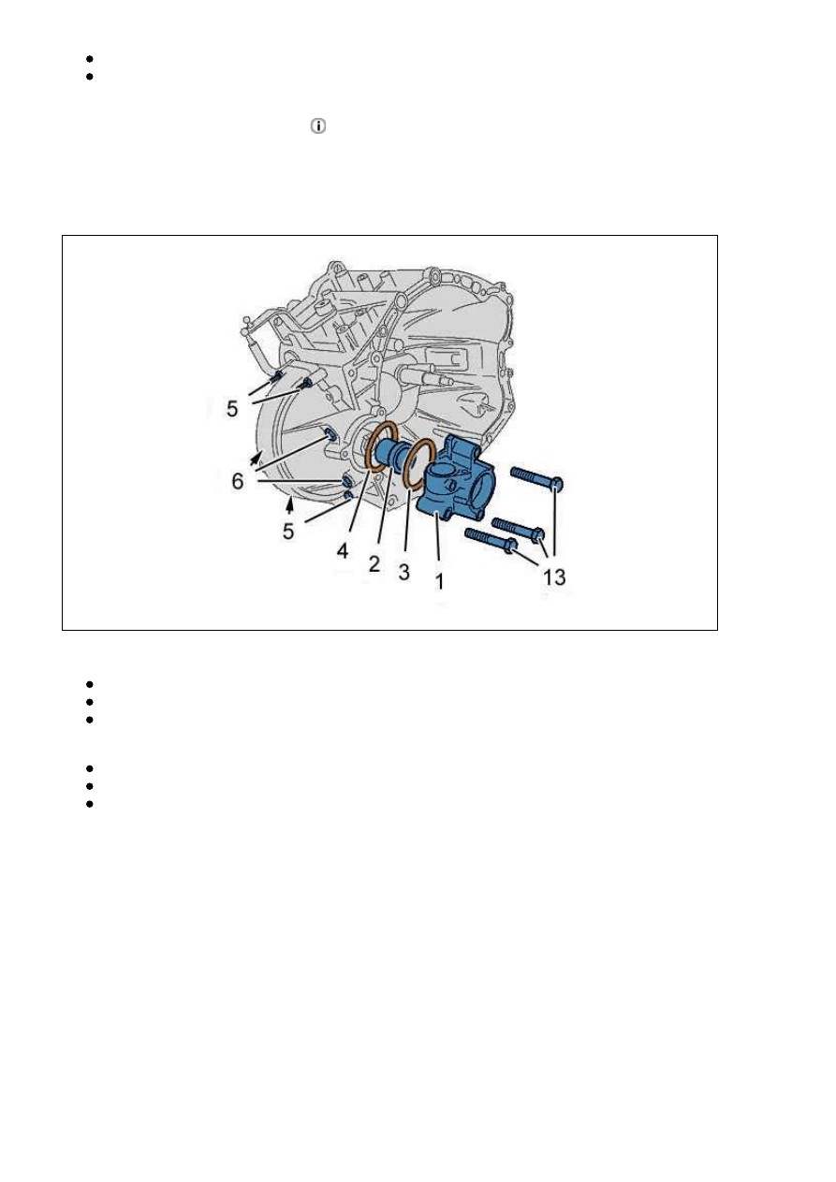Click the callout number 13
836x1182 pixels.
point(554,577)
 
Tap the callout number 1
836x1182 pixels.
point(439,581)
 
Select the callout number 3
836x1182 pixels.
point(403,573)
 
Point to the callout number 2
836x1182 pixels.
point(374,564)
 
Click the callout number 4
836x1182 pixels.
point(343,551)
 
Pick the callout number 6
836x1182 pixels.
point(238,481)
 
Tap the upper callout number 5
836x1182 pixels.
point(232,408)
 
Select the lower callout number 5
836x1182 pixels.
point(288,531)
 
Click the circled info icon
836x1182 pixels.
point(317,126)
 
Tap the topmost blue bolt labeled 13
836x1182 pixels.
point(536,476)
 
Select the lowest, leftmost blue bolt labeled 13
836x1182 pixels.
point(491,541)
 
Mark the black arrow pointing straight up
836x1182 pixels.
point(288,505)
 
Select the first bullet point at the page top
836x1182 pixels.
point(89,59)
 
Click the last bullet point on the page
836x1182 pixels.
point(89,804)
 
